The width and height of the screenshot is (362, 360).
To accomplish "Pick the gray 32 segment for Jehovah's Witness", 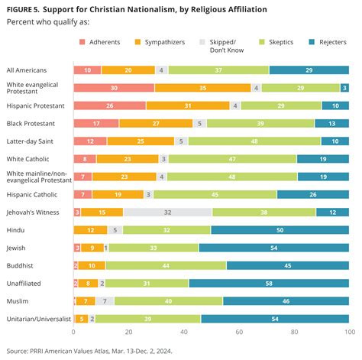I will (167, 212).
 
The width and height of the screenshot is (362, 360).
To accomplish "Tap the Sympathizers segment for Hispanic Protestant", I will (188, 105).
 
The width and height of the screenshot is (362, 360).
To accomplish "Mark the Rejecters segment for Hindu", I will (280, 229).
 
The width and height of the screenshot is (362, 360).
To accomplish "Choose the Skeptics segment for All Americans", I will (218, 70).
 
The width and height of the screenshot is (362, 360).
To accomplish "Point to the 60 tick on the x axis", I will (239, 332).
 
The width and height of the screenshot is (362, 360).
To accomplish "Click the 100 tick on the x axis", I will (349, 332).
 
